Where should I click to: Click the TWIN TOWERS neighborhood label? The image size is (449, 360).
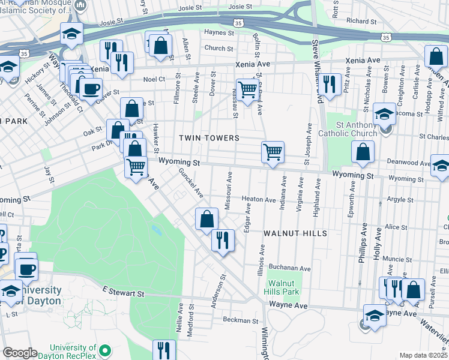click(209, 138)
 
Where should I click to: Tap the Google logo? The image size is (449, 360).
click(20, 353)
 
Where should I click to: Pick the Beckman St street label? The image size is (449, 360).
click(240, 320)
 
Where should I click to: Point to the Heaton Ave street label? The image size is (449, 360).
click(258, 199)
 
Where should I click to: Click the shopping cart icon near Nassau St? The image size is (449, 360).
click(247, 90)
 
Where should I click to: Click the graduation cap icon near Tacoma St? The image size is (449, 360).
click(384, 113)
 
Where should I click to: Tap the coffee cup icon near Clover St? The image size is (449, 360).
click(91, 89)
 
